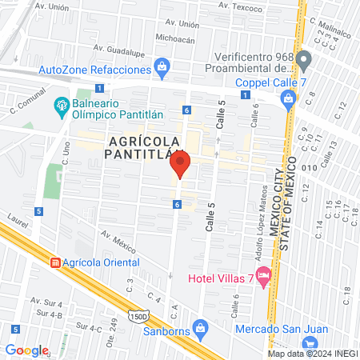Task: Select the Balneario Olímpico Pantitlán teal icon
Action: pos(61,105)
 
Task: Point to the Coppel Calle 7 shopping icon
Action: pos(288,98)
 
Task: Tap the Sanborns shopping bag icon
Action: pos(202,326)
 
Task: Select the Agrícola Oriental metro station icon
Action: pos(55,262)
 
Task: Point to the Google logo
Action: pos(26,350)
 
